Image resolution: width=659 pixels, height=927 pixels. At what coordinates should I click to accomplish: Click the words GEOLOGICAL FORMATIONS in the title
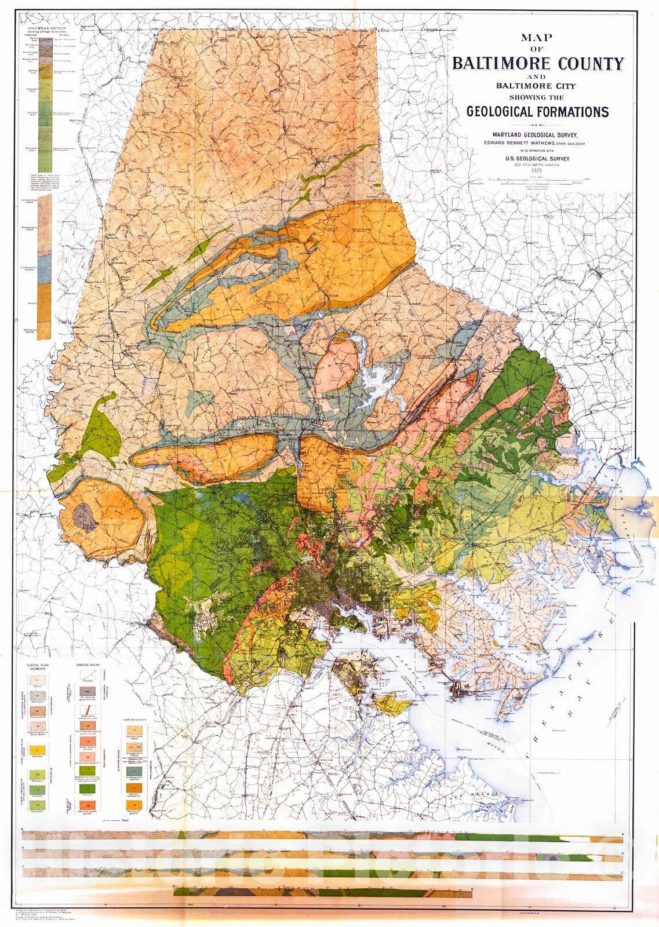coord(537,111)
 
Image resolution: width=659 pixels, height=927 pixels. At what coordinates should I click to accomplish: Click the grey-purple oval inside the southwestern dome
coord(85,516)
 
